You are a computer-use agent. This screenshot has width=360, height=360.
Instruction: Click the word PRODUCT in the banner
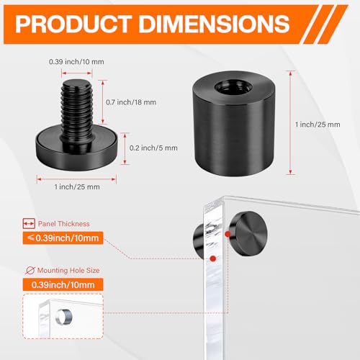[x=73, y=24]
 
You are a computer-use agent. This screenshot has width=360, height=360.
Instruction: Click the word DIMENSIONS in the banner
[x=215, y=24]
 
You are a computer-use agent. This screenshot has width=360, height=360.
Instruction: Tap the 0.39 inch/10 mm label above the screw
[x=76, y=62]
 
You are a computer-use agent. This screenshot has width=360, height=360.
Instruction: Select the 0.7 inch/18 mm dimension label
[x=131, y=102]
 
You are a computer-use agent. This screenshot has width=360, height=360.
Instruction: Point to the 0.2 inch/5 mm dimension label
[x=153, y=148]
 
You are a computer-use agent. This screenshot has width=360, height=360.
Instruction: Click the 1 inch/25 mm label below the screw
[x=77, y=186]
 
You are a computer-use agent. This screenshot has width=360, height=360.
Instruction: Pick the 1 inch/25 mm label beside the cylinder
[x=318, y=125]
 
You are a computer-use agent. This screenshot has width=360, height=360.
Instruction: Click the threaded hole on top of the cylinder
[x=233, y=87]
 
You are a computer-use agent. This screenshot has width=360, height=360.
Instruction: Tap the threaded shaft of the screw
[x=77, y=109]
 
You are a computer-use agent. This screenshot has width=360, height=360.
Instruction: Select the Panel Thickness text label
[x=64, y=224]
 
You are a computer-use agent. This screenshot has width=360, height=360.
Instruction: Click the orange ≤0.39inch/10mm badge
[x=63, y=238]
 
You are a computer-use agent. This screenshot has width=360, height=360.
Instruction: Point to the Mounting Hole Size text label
[x=68, y=270]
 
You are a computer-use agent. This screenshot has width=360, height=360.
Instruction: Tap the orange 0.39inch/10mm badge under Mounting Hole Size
[x=63, y=284]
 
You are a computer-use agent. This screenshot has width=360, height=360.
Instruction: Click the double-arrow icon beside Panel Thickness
[x=29, y=223]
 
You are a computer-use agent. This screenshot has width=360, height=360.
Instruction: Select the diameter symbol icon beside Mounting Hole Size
[x=30, y=271]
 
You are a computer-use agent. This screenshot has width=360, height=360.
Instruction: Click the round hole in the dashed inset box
[x=64, y=318]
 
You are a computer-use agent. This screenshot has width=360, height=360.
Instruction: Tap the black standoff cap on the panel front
[x=248, y=233]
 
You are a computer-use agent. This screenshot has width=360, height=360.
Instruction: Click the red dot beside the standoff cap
[x=228, y=234]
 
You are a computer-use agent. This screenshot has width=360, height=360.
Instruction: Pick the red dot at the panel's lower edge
[x=213, y=258]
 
